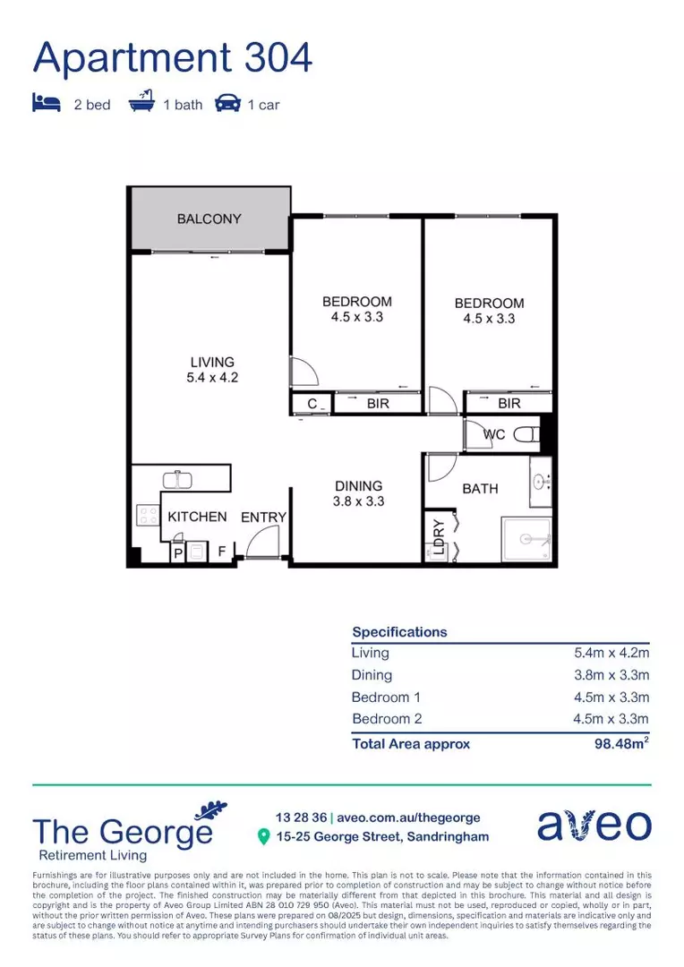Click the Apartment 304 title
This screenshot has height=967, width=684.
click(173, 57)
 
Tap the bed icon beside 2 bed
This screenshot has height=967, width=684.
click(47, 104)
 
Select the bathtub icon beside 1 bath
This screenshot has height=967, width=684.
click(141, 103)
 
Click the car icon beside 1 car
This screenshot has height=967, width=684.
click(227, 104)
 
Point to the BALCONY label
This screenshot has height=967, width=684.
click(209, 218)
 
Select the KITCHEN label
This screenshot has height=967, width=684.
click(197, 517)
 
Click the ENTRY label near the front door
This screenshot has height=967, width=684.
click(263, 518)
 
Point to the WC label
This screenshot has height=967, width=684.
click(494, 435)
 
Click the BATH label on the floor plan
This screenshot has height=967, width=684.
click(480, 489)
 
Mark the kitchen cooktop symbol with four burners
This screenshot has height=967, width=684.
click(147, 516)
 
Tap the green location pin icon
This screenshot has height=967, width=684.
click(263, 837)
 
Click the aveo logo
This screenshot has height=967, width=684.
click(594, 826)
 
